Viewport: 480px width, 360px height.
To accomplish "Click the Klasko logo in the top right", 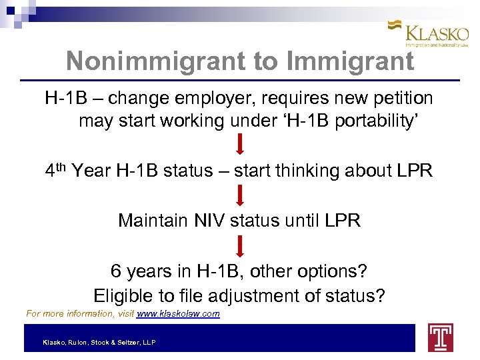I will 429,33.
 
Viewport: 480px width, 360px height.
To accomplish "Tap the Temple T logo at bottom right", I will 440,337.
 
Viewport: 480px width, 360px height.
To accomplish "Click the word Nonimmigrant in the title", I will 155,61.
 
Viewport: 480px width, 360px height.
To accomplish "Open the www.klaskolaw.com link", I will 177,313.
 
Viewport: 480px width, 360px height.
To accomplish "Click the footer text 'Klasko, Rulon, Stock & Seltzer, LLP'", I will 99,342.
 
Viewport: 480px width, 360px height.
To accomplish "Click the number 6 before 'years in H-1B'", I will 116,272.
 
